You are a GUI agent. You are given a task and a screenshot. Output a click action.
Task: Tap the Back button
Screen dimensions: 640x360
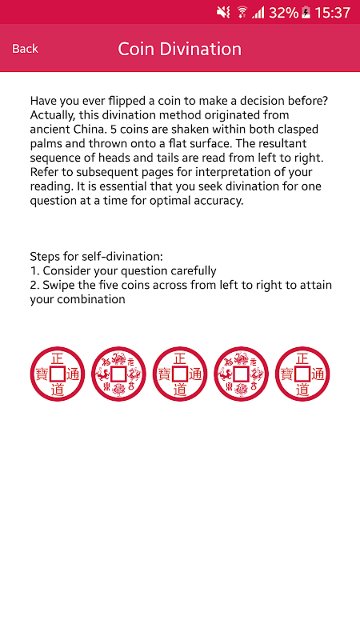pos(25,49)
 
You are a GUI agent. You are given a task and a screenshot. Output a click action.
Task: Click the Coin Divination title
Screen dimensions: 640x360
pos(180,49)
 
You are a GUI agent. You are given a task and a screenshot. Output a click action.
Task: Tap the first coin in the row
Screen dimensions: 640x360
pos(58,374)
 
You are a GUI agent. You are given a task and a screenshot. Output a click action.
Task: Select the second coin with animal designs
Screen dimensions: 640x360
pos(119,374)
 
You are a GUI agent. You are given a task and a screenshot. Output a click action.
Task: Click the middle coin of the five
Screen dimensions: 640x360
pos(180,374)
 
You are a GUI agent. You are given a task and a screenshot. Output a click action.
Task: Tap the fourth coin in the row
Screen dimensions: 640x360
pos(241,374)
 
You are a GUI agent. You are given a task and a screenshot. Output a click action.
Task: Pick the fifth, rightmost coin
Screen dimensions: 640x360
pos(302,374)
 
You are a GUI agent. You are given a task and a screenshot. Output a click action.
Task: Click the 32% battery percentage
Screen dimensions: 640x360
pos(283,13)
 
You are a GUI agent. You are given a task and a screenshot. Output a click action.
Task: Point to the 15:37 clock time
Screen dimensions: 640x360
pos(332,13)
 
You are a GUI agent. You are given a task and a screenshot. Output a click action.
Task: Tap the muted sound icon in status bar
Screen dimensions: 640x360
pos(223,13)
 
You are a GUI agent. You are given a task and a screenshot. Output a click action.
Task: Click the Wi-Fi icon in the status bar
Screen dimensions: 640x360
pos(242,12)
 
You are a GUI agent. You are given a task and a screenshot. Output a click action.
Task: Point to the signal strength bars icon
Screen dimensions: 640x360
pos(258,13)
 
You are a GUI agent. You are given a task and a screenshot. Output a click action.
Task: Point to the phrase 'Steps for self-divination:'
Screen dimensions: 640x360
pos(96,256)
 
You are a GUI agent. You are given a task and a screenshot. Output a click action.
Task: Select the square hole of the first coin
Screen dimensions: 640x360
pos(58,374)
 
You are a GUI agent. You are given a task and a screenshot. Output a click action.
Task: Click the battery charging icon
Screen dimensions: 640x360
pos(306,13)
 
